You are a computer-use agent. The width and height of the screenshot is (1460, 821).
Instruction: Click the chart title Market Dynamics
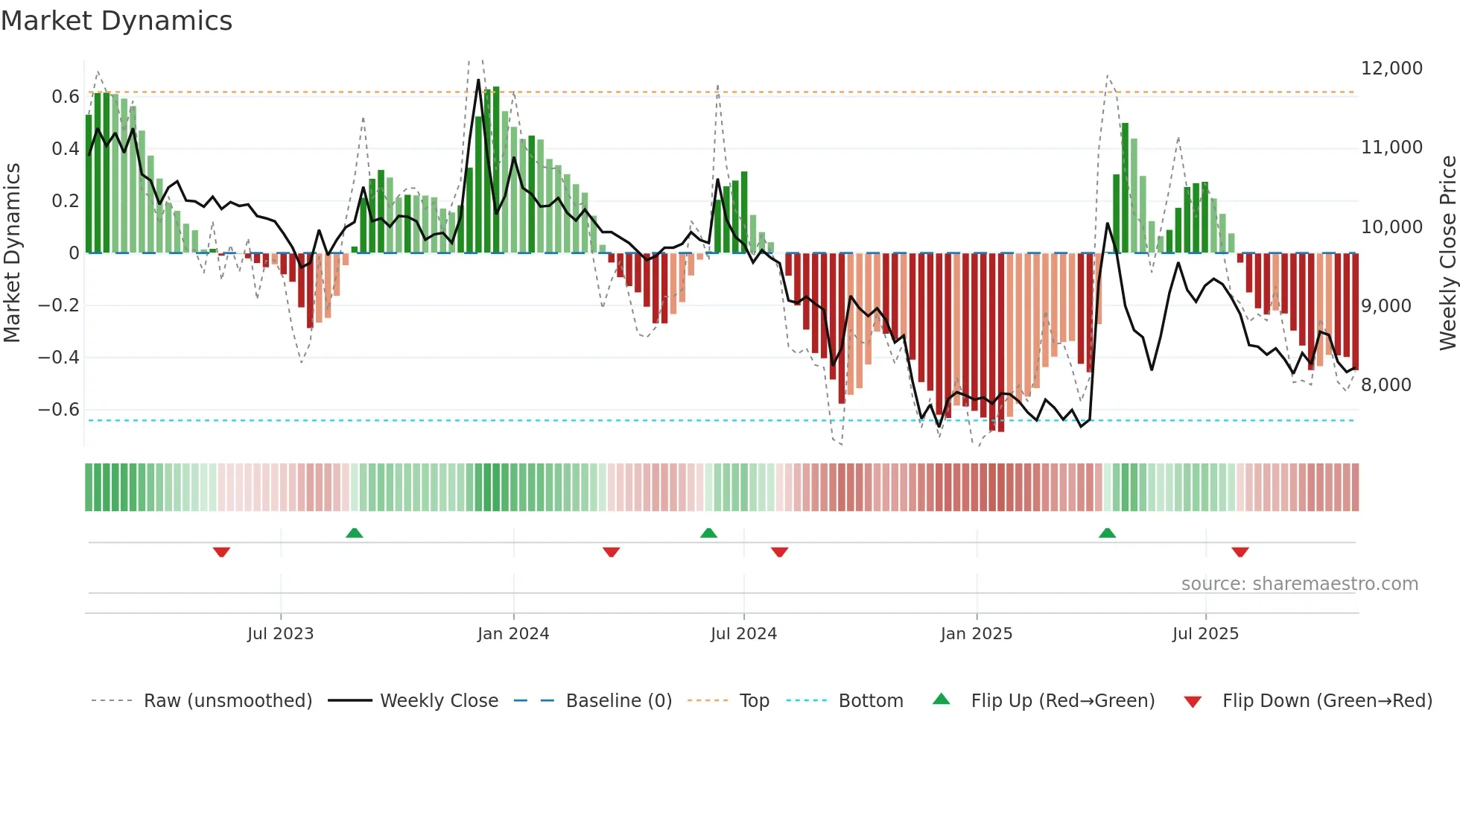[x=116, y=21]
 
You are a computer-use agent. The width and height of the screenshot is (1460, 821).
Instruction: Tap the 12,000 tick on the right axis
[x=1391, y=69]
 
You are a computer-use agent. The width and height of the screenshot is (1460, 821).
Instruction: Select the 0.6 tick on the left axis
[x=65, y=97]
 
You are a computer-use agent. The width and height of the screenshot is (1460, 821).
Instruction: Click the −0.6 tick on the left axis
[x=59, y=410]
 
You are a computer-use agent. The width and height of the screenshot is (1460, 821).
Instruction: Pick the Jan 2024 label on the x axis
[x=513, y=634]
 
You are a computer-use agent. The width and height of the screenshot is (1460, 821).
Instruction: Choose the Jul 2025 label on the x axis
[x=1204, y=634]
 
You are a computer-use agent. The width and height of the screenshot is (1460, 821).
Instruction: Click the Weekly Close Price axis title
[x=1447, y=253]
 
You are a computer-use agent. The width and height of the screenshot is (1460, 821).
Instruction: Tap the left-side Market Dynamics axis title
[x=12, y=253]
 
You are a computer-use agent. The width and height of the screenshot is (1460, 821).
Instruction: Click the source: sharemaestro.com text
[x=1299, y=584]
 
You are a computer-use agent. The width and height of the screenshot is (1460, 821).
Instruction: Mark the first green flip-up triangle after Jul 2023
[x=355, y=533]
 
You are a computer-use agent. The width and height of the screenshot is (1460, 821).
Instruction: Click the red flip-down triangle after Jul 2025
[x=1240, y=552]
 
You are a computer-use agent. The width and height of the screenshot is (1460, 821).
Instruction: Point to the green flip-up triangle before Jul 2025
[x=1107, y=533]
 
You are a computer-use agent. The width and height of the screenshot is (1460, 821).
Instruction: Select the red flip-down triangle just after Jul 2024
[x=779, y=552]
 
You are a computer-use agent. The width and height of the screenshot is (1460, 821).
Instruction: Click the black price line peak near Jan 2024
[x=478, y=80]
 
